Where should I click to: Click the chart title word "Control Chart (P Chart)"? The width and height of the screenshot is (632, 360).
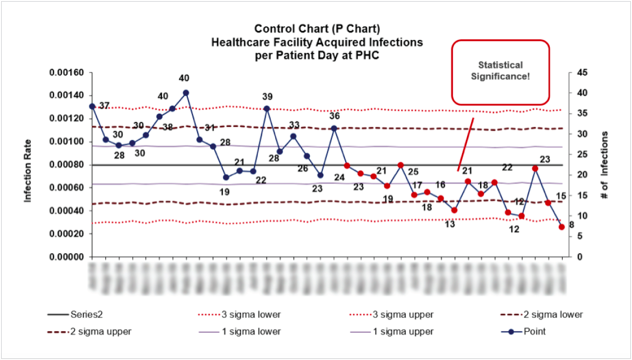coord(317,29)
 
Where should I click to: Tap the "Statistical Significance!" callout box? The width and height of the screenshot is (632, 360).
coord(500,72)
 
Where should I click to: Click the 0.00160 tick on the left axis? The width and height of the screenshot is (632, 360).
coord(66,73)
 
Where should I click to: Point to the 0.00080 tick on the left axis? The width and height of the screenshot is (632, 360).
coord(66,165)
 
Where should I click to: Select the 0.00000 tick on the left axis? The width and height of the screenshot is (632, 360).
coord(66,257)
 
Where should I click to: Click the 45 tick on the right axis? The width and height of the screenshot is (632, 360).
coord(581,73)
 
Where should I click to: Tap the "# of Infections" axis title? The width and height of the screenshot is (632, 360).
coord(605,164)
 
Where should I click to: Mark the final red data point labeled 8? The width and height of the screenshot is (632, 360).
coord(562,227)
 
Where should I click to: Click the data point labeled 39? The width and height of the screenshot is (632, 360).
coord(267,109)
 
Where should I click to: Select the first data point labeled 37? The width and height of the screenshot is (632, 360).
coord(92,106)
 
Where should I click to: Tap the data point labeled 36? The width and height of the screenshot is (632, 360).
coord(334,128)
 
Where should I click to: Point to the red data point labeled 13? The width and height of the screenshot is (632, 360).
coord(454,210)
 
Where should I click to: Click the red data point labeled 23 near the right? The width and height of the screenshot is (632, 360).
coord(535,168)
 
